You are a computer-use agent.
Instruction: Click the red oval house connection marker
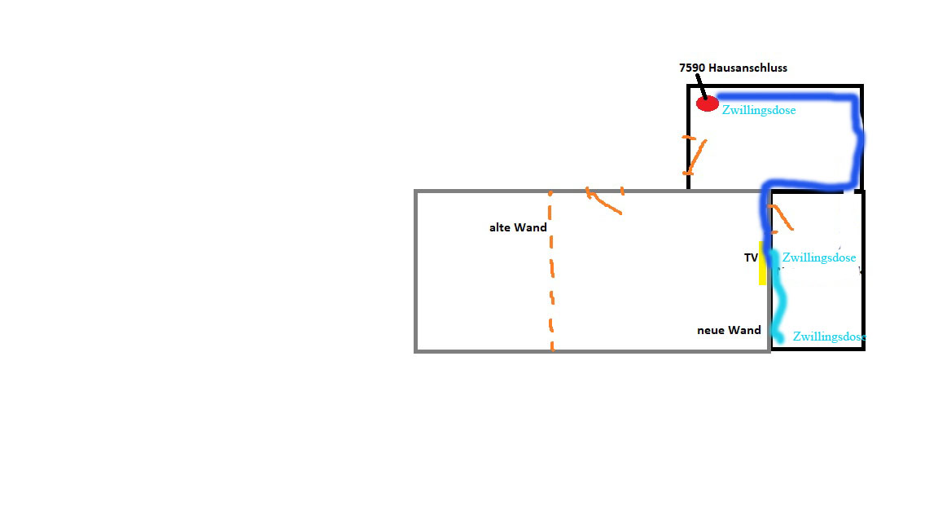pyautogui.click(x=707, y=103)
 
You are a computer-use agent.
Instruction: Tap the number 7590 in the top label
pyautogui.click(x=692, y=68)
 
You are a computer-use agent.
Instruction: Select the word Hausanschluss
pyautogui.click(x=747, y=68)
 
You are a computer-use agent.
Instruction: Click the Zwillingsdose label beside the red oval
pyautogui.click(x=759, y=110)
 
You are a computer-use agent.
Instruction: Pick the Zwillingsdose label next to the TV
pyautogui.click(x=818, y=258)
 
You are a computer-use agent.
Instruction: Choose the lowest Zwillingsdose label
pyautogui.click(x=828, y=336)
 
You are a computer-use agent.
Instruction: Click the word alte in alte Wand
pyautogui.click(x=499, y=227)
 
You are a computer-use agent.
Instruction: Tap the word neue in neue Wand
pyautogui.click(x=711, y=330)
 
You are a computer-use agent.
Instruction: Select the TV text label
pyautogui.click(x=750, y=258)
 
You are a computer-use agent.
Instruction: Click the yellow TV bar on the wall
pyautogui.click(x=762, y=262)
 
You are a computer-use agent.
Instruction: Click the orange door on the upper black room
pyautogui.click(x=694, y=155)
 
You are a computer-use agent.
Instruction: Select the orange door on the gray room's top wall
pyautogui.click(x=603, y=200)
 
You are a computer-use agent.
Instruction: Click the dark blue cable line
pyautogui.click(x=855, y=147)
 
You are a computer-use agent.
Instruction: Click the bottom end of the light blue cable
pyautogui.click(x=778, y=337)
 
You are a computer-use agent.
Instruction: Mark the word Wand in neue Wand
pyautogui.click(x=745, y=330)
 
